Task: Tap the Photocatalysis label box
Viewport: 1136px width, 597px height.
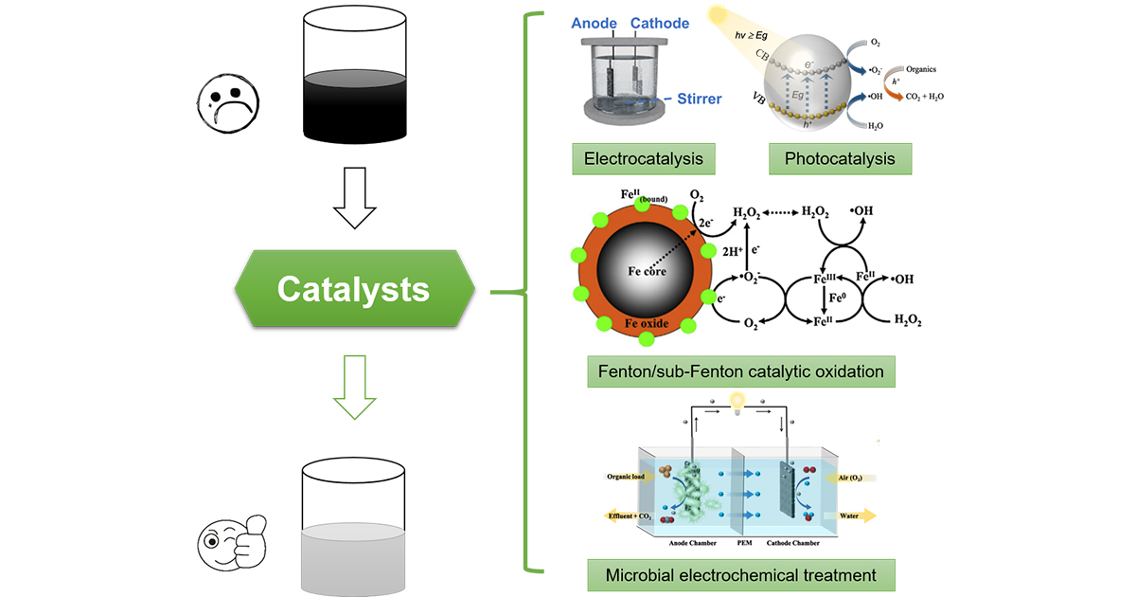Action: click(x=840, y=158)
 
